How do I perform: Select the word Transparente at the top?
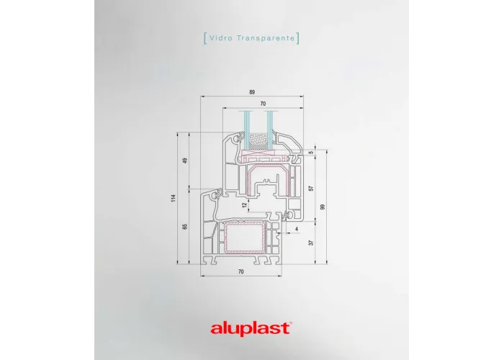tap(266, 38)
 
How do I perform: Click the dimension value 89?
tap(252, 92)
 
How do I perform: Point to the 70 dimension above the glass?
tap(263, 104)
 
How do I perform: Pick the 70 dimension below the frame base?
tap(240, 271)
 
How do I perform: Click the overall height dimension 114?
tap(174, 198)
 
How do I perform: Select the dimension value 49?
tap(185, 161)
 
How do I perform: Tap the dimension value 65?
tap(185, 226)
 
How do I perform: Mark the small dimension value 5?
tap(311, 153)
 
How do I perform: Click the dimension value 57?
tap(311, 188)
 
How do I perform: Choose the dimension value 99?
tap(323, 207)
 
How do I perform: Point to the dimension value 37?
tap(311, 243)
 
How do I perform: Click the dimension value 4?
tap(297, 229)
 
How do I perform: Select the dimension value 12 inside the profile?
tap(245, 204)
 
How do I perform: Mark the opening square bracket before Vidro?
tap(205, 38)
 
